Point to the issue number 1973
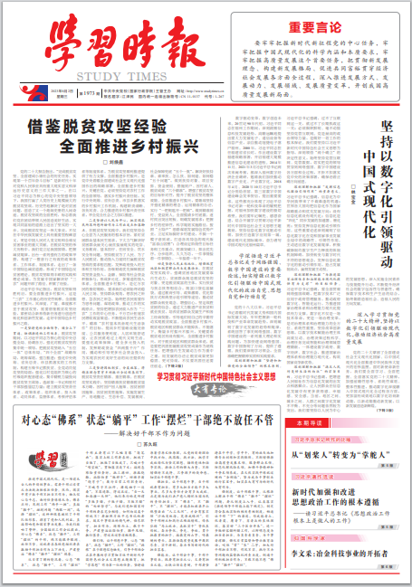tap(91, 92)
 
